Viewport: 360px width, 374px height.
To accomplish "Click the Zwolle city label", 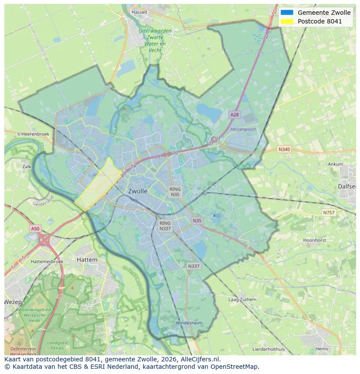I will click(138, 191).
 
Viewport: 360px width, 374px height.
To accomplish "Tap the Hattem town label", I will click(87, 259).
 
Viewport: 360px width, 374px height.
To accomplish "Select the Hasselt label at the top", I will click(139, 12).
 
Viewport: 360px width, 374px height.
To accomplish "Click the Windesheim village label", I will click(189, 323).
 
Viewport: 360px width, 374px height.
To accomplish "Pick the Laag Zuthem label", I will click(242, 300).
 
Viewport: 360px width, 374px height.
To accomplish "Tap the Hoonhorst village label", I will click(314, 240).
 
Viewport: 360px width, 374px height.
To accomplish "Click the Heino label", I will click(322, 349).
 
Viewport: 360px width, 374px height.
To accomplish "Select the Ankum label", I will click(335, 165).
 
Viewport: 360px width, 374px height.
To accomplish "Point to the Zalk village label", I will click(27, 166).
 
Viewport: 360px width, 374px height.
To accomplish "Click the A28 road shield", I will click(234, 115).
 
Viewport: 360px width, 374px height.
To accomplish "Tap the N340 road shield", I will click(283, 149).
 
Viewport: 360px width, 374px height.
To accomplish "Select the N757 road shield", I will click(329, 213).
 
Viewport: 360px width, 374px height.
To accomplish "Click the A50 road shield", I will click(35, 228).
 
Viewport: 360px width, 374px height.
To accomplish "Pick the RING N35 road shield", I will click(175, 192).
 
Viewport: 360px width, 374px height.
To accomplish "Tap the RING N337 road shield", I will click(165, 225).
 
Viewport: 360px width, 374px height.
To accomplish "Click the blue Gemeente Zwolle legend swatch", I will click(287, 13).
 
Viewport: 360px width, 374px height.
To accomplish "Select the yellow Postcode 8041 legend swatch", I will click(287, 21).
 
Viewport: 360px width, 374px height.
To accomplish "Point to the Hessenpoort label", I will click(243, 129).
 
